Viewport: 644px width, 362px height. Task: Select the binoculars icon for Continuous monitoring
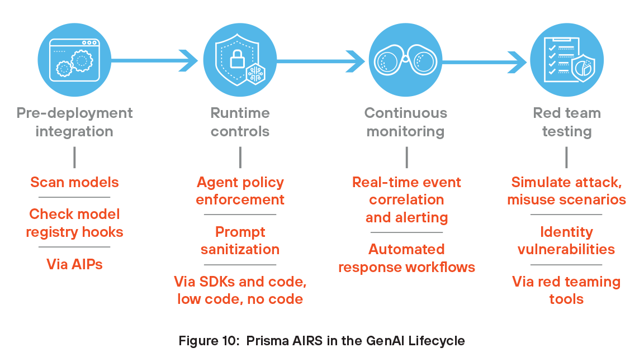click(406, 60)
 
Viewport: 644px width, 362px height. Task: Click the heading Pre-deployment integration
click(74, 122)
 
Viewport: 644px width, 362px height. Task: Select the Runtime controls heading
click(240, 122)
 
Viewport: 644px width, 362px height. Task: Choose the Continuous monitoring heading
click(406, 122)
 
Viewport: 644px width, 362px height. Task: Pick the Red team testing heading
click(566, 122)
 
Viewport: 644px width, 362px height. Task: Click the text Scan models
click(74, 182)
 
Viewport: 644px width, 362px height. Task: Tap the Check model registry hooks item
click(74, 222)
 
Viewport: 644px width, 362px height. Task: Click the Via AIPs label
click(74, 264)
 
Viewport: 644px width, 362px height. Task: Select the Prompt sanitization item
click(240, 240)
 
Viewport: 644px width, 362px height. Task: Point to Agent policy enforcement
click(240, 190)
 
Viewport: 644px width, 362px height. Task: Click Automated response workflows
click(406, 258)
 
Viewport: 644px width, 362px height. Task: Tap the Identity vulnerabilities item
click(566, 240)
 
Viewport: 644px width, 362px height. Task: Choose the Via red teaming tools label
click(566, 290)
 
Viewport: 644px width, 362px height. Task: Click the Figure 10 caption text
click(321, 340)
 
